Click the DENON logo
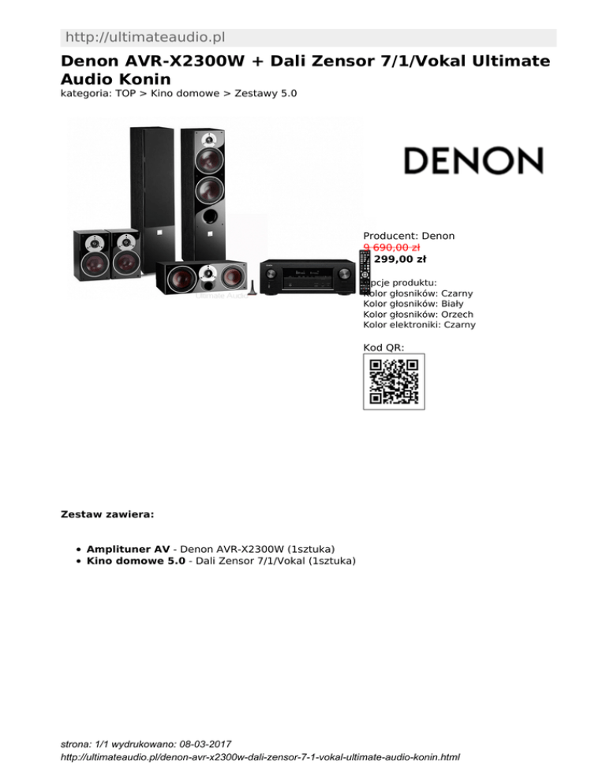click(x=473, y=160)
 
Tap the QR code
click(x=394, y=382)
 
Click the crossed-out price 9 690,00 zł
click(x=391, y=247)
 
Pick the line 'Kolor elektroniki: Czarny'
click(x=419, y=324)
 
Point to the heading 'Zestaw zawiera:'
click(x=107, y=513)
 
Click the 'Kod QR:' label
click(x=383, y=347)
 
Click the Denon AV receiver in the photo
click(x=308, y=278)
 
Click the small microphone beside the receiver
click(x=250, y=288)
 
